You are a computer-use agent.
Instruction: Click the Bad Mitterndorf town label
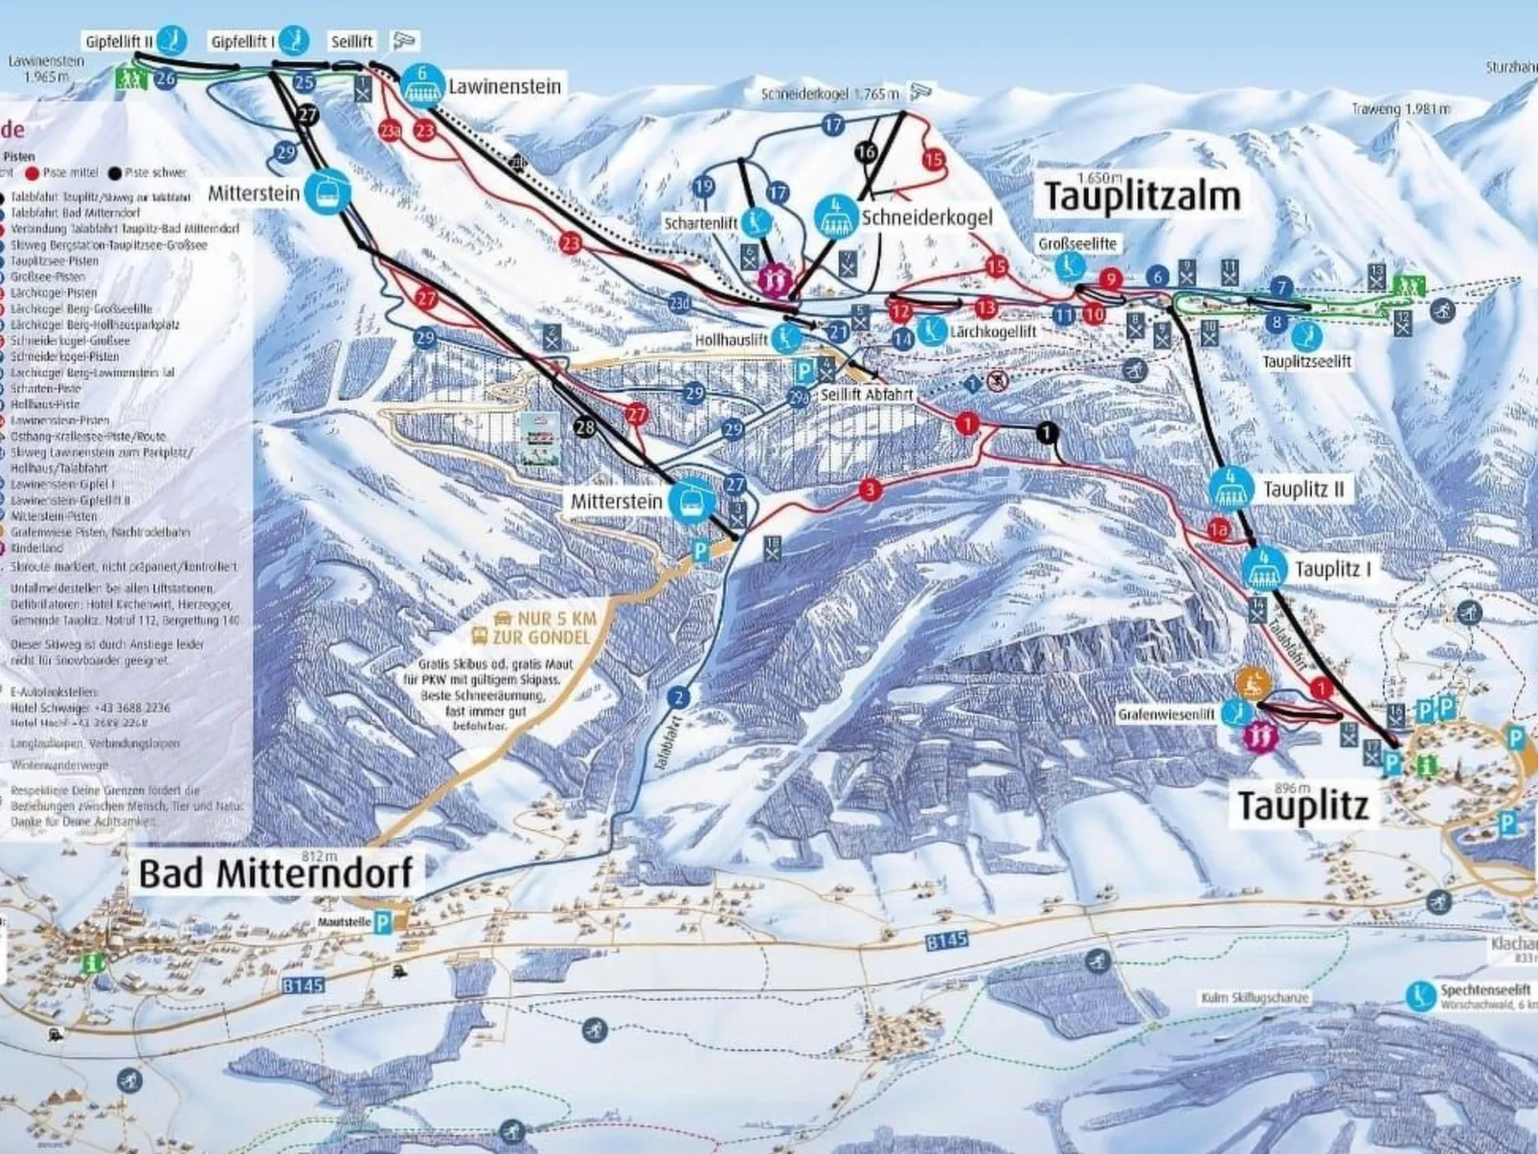pyautogui.click(x=276, y=873)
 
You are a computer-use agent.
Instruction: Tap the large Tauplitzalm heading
pyautogui.click(x=1142, y=196)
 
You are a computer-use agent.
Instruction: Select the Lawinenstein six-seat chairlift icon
pyautogui.click(x=421, y=85)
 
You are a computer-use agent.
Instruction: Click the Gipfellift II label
pyautogui.click(x=119, y=42)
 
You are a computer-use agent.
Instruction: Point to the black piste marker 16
pyautogui.click(x=866, y=151)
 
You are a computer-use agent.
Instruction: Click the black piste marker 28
pyautogui.click(x=584, y=426)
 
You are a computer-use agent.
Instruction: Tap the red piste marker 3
pyautogui.click(x=870, y=490)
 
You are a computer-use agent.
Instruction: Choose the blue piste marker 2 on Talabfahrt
pyautogui.click(x=679, y=697)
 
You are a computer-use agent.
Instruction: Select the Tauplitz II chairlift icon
pyautogui.click(x=1230, y=488)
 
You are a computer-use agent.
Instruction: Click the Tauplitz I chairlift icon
pyautogui.click(x=1264, y=569)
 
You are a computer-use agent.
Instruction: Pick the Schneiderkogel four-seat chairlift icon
pyautogui.click(x=835, y=216)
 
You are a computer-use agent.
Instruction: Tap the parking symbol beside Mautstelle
pyautogui.click(x=383, y=922)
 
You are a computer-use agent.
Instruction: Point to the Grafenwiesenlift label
pyautogui.click(x=1165, y=714)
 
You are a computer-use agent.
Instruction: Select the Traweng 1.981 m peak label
pyautogui.click(x=1400, y=109)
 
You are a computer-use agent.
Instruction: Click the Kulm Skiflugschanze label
pyautogui.click(x=1254, y=998)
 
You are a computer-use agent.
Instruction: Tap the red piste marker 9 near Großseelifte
pyautogui.click(x=1110, y=279)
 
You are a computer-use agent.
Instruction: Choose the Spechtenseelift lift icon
pyautogui.click(x=1420, y=995)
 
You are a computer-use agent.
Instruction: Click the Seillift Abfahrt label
pyautogui.click(x=867, y=394)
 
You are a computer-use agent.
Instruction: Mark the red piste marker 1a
pyautogui.click(x=1217, y=530)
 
